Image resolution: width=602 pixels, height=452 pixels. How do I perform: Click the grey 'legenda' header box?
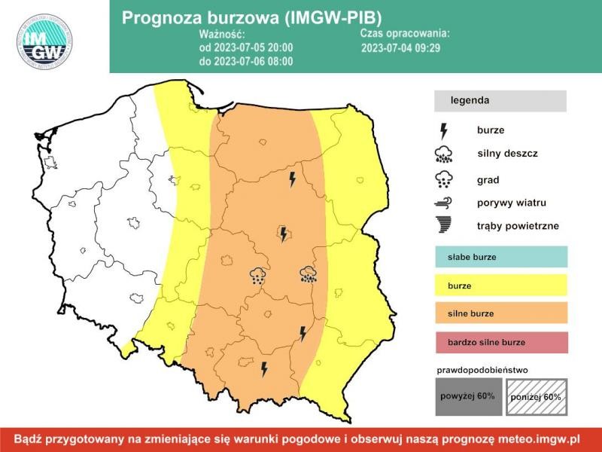point(500,100)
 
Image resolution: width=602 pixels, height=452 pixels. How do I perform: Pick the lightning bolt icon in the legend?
point(444,130)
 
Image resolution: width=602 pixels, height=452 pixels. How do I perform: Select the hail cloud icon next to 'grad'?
point(444,179)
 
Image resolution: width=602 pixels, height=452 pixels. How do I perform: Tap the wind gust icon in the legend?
point(444,203)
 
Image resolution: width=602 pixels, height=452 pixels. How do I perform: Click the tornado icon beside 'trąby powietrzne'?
point(444,224)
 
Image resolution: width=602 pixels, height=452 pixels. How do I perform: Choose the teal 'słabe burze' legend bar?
point(500,257)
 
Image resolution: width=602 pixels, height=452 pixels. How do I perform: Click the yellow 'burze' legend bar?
point(500,286)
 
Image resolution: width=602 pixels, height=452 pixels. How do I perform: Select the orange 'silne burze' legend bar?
point(500,313)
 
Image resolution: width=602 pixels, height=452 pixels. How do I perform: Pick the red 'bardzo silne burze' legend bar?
point(500,342)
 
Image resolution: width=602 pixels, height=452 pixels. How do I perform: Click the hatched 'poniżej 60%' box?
point(535,395)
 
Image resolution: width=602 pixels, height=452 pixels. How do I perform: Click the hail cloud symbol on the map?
point(258,275)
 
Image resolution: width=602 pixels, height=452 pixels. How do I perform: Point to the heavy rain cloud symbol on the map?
point(308,274)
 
